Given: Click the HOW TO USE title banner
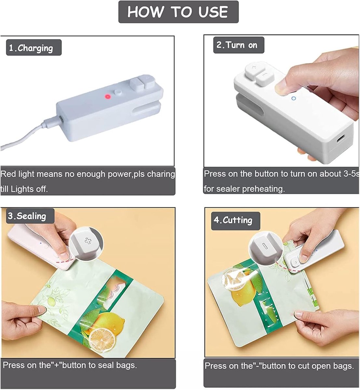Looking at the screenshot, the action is pos(179,12).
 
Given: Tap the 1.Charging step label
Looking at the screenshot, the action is pos(34,47).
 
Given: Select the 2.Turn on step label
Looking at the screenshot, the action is pos(239,45).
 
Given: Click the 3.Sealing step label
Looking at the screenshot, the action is pos(30,216).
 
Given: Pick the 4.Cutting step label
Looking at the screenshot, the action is pos(235,220).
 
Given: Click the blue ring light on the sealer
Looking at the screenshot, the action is pos(293,98).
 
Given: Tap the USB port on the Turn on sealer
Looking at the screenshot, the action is pos(340,139).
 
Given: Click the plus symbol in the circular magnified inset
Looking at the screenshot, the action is pos(88,240).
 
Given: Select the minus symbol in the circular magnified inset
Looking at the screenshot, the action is pos(265,246).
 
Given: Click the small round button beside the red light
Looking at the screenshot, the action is pos(118,93).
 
